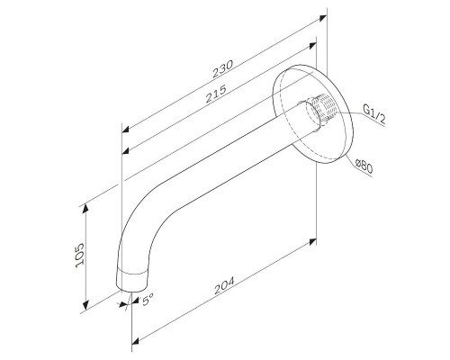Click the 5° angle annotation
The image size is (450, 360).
[148, 300]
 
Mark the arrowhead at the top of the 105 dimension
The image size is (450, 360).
[87, 206]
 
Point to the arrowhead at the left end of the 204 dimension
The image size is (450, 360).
[137, 339]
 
